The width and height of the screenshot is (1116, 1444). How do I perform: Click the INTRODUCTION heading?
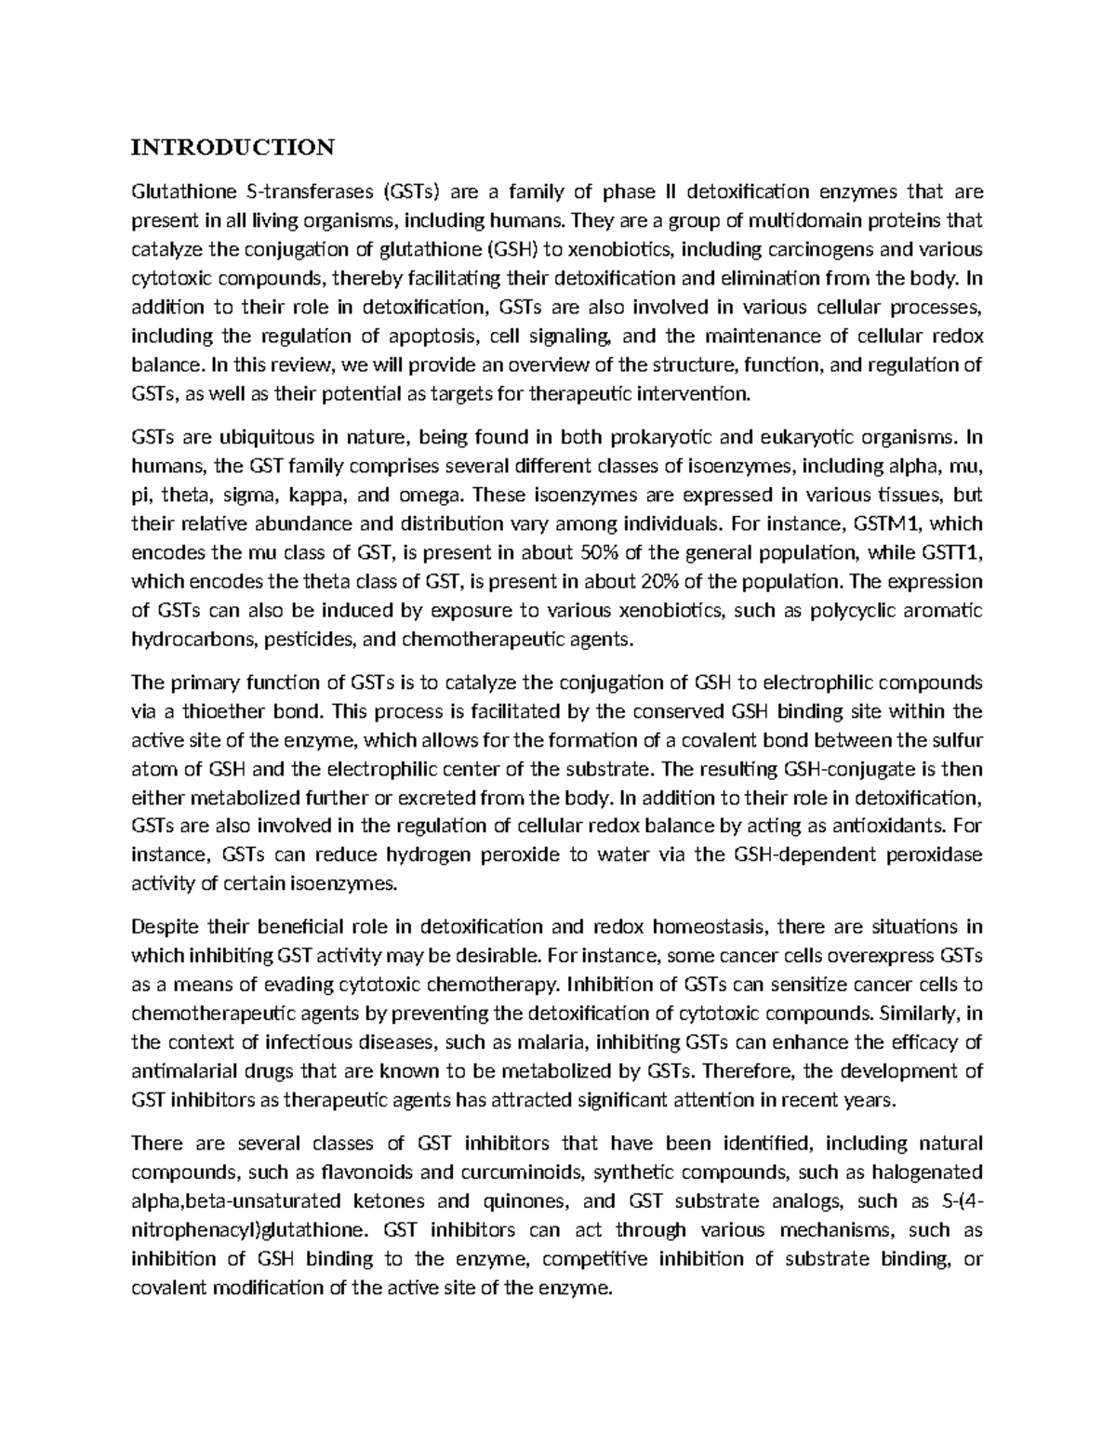(x=232, y=148)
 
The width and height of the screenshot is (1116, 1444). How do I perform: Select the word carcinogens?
(x=830, y=250)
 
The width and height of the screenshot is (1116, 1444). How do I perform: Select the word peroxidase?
(x=930, y=854)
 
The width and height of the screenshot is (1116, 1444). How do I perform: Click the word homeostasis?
(x=711, y=927)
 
